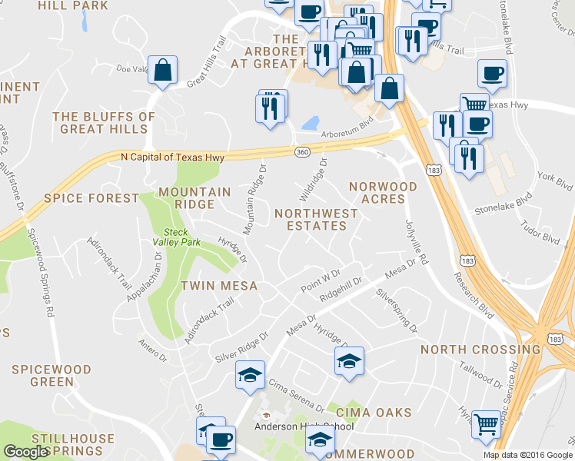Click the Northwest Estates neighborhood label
click(316, 219)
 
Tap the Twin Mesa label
click(218, 286)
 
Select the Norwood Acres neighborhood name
click(383, 192)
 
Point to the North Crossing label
click(480, 350)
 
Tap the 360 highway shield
click(302, 152)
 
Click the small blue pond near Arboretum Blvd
click(311, 123)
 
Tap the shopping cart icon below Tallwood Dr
click(486, 422)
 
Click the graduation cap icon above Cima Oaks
click(348, 360)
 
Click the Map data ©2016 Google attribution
click(527, 455)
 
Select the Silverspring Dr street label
click(397, 310)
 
